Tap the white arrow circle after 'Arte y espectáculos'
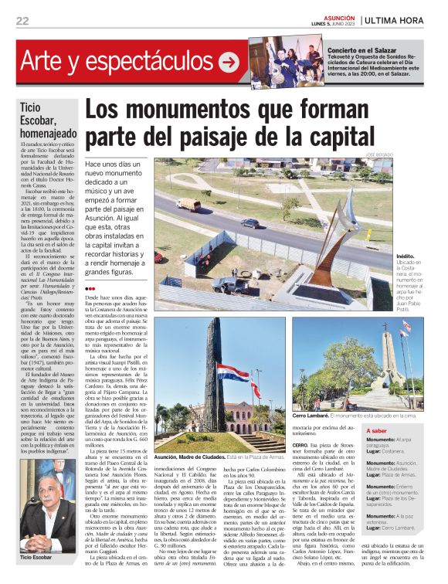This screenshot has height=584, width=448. (228, 62)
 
